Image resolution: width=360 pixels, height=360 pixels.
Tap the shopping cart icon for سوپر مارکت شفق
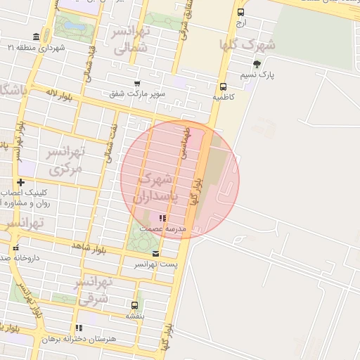[136, 83]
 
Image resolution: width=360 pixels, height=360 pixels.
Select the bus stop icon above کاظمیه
[223, 88]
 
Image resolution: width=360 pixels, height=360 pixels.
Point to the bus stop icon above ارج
[241, 12]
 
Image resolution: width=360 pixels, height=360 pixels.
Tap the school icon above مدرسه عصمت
[163, 219]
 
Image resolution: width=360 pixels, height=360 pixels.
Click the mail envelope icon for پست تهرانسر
[155, 254]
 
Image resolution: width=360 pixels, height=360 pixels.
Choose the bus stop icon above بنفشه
[134, 305]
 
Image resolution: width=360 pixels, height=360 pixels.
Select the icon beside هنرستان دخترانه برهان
[79, 328]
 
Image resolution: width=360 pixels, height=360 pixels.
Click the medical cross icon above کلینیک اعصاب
[21, 182]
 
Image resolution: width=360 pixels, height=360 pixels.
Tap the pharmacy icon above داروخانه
[15, 247]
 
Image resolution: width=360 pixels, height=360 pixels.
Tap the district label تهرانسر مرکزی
[65, 160]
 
